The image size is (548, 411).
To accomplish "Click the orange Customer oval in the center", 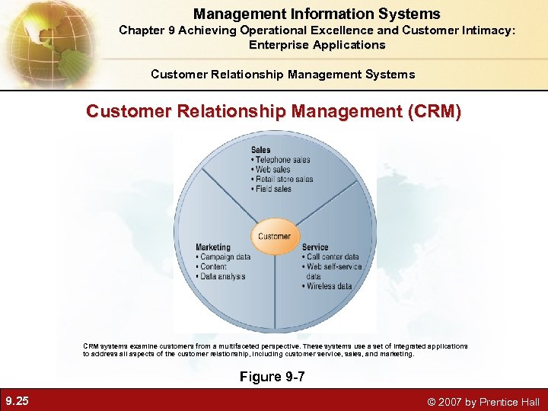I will point(274,236).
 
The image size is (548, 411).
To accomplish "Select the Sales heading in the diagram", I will point(260,150).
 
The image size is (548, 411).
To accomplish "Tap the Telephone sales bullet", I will point(282,160).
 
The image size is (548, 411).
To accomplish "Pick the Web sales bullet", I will point(272,170).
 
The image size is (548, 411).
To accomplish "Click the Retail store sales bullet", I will point(283,180).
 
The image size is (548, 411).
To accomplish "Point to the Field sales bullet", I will point(275,189).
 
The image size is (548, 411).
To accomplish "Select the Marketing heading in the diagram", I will point(212,247).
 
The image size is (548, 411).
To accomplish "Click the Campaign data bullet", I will point(225,257).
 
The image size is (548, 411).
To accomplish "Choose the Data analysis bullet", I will point(221,277).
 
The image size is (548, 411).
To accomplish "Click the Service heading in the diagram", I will point(315,247).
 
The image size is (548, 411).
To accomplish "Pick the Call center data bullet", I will point(331,257).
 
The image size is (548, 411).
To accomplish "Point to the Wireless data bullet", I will point(329,286).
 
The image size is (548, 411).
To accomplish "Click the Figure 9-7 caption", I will point(272,377).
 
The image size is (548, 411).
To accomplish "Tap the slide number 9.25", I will point(17,401).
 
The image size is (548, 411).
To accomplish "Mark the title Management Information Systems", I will point(317,14).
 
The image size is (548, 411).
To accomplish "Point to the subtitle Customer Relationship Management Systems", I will point(283,74).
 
